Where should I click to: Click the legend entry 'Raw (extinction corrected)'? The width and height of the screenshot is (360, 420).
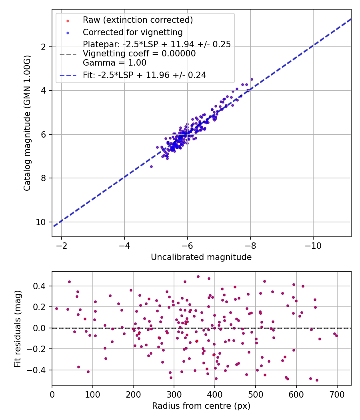(138, 20)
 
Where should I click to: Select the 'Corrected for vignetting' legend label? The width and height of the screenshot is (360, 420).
(132, 32)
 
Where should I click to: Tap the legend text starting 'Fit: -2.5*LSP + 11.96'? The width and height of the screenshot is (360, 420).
(144, 75)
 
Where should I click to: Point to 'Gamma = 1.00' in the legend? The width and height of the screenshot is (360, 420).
(114, 63)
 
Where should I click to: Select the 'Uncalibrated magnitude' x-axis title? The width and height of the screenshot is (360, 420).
(201, 257)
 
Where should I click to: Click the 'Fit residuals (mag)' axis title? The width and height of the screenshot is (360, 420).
(18, 328)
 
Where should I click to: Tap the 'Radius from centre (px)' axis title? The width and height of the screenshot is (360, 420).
(201, 406)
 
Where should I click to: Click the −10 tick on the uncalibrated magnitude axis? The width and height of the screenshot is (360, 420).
(313, 245)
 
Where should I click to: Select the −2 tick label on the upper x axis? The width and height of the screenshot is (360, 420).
(62, 245)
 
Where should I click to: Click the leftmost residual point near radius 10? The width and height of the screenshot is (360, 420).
(56, 308)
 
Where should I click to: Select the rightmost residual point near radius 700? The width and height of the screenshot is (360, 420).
(336, 336)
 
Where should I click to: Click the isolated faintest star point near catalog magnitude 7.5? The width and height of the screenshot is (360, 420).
(151, 166)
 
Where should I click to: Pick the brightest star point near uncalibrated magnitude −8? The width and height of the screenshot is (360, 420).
(252, 79)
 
